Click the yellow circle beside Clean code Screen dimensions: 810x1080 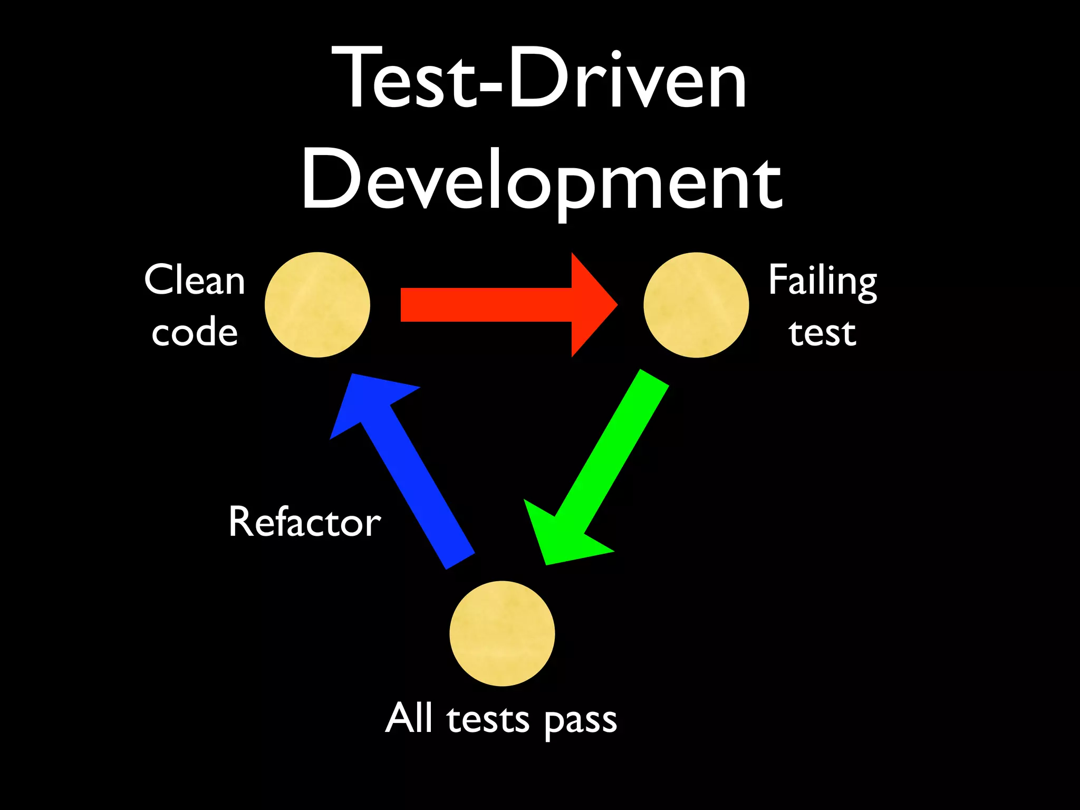(317, 305)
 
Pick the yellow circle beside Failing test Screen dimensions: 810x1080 (696, 305)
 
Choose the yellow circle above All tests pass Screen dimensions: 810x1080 (502, 633)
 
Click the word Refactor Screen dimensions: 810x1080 (304, 522)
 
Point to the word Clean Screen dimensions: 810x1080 (195, 280)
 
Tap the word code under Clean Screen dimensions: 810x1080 (195, 333)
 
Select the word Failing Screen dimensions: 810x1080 (822, 281)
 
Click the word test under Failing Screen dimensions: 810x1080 (822, 333)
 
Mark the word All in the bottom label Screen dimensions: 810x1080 (409, 718)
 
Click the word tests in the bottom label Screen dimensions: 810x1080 (488, 719)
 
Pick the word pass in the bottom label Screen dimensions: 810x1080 (580, 721)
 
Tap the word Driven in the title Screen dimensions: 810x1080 (628, 79)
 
